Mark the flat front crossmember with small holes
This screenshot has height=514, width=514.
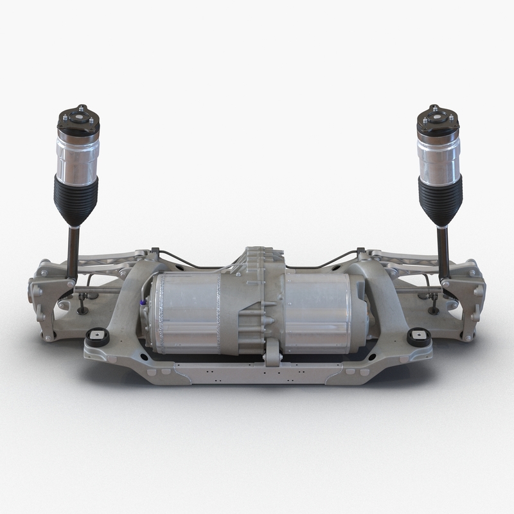(x=257, y=373)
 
